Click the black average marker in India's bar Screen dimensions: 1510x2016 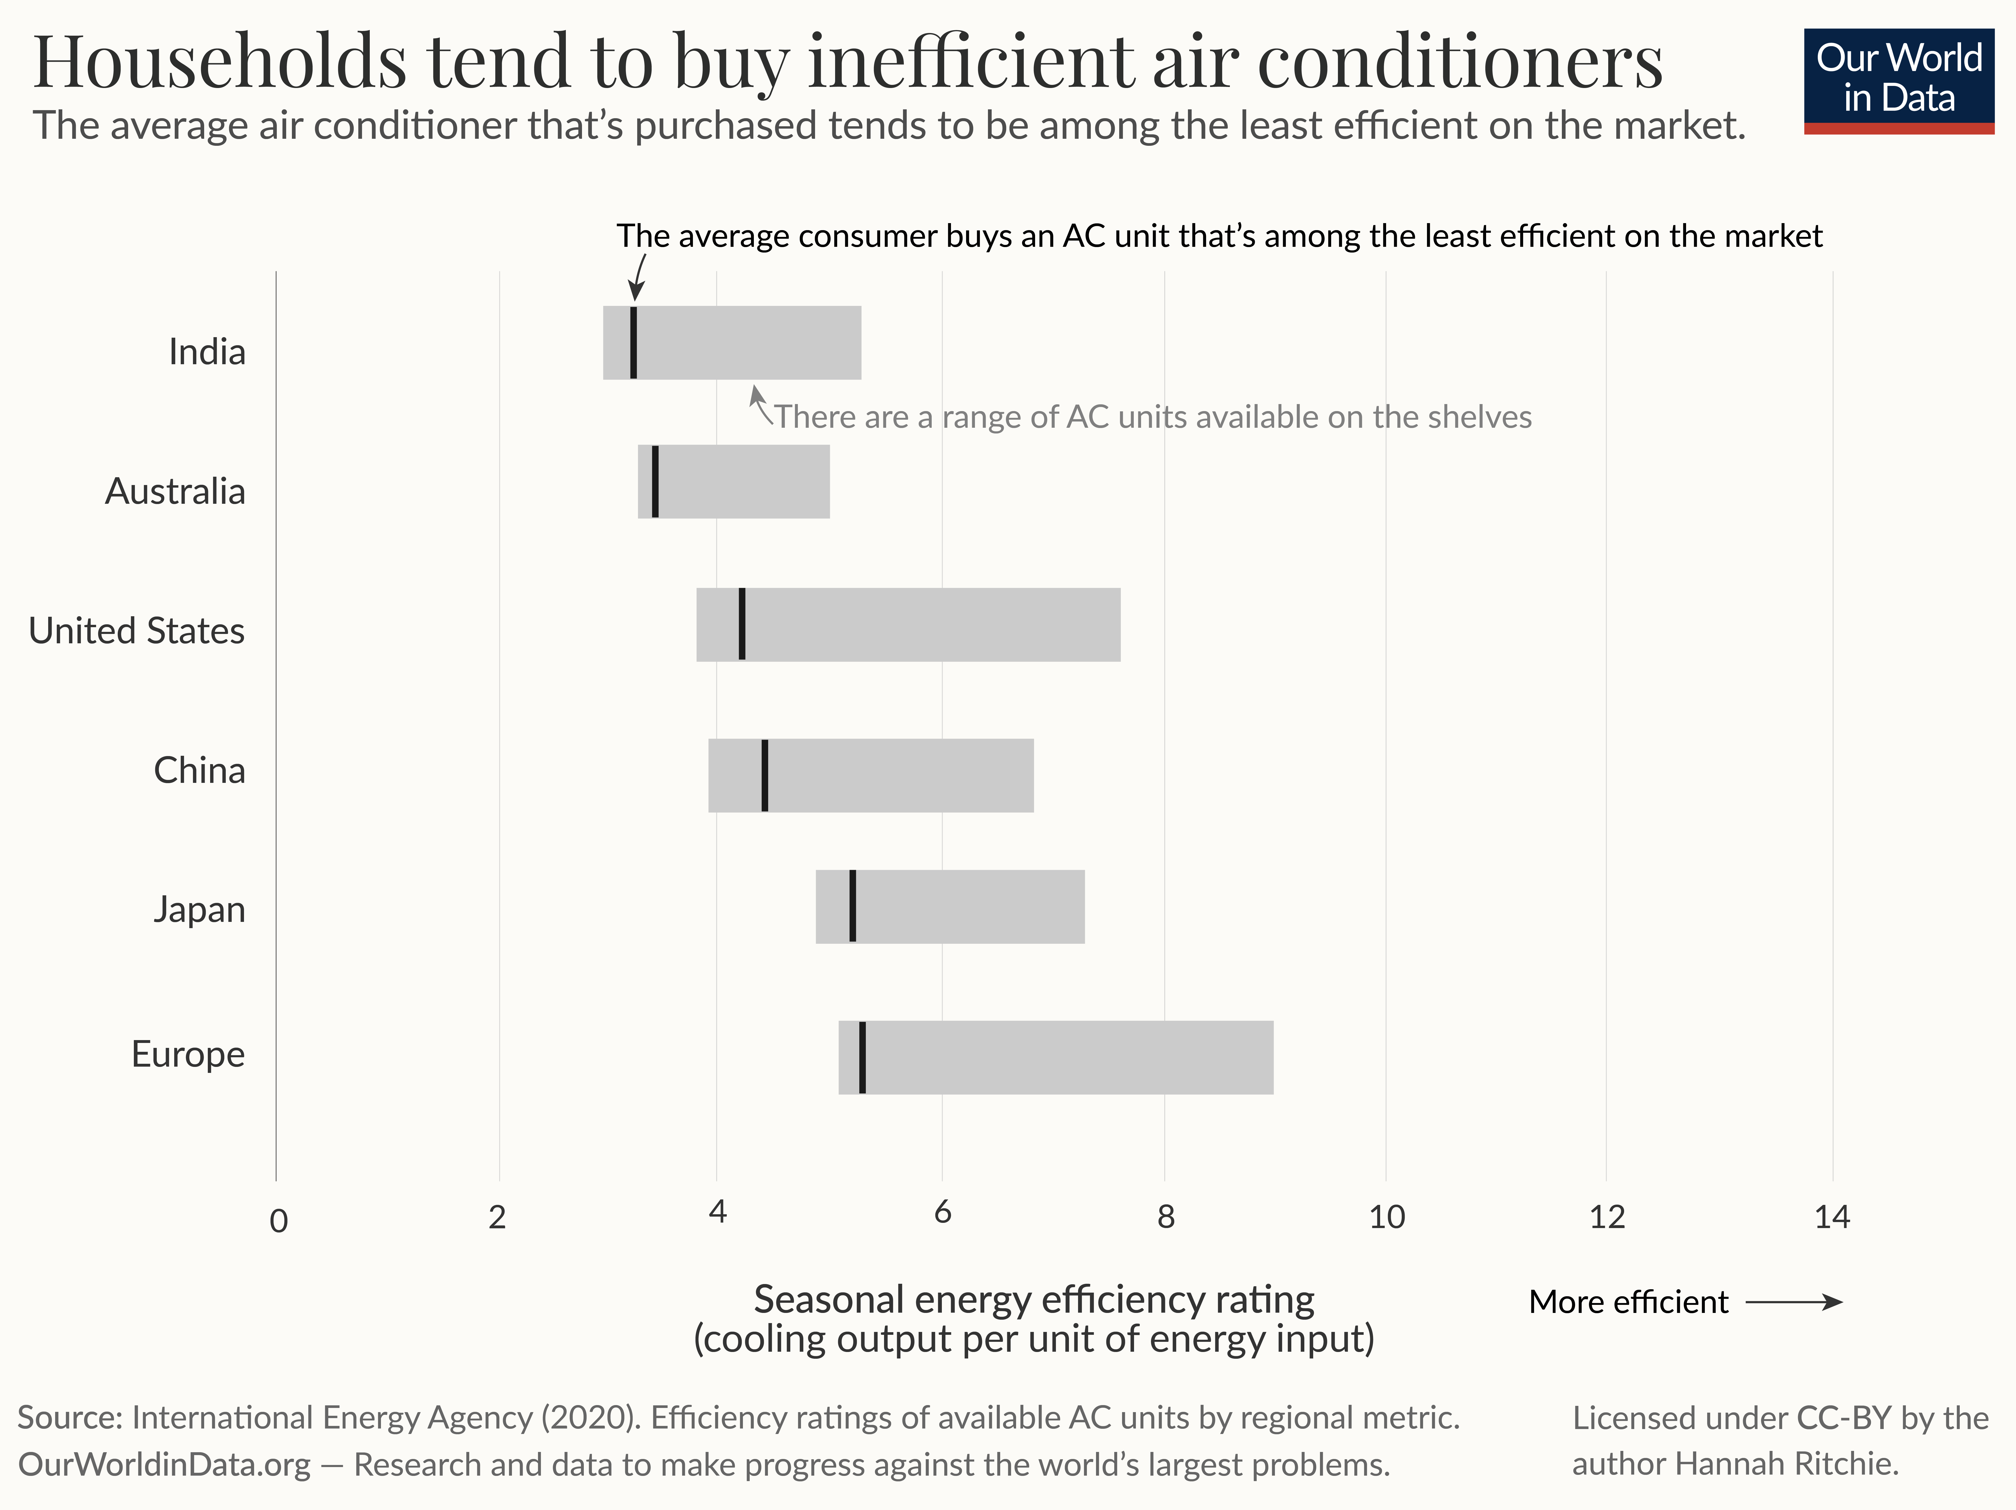pos(633,343)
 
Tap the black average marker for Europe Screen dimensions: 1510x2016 pos(862,1057)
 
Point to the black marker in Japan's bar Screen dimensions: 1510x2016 pos(852,906)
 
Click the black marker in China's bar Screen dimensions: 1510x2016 pos(765,776)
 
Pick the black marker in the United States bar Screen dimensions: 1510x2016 pos(742,624)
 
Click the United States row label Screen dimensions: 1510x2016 pos(137,631)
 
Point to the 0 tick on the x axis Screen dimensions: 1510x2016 pos(279,1220)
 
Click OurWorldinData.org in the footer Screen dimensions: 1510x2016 pos(164,1464)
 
